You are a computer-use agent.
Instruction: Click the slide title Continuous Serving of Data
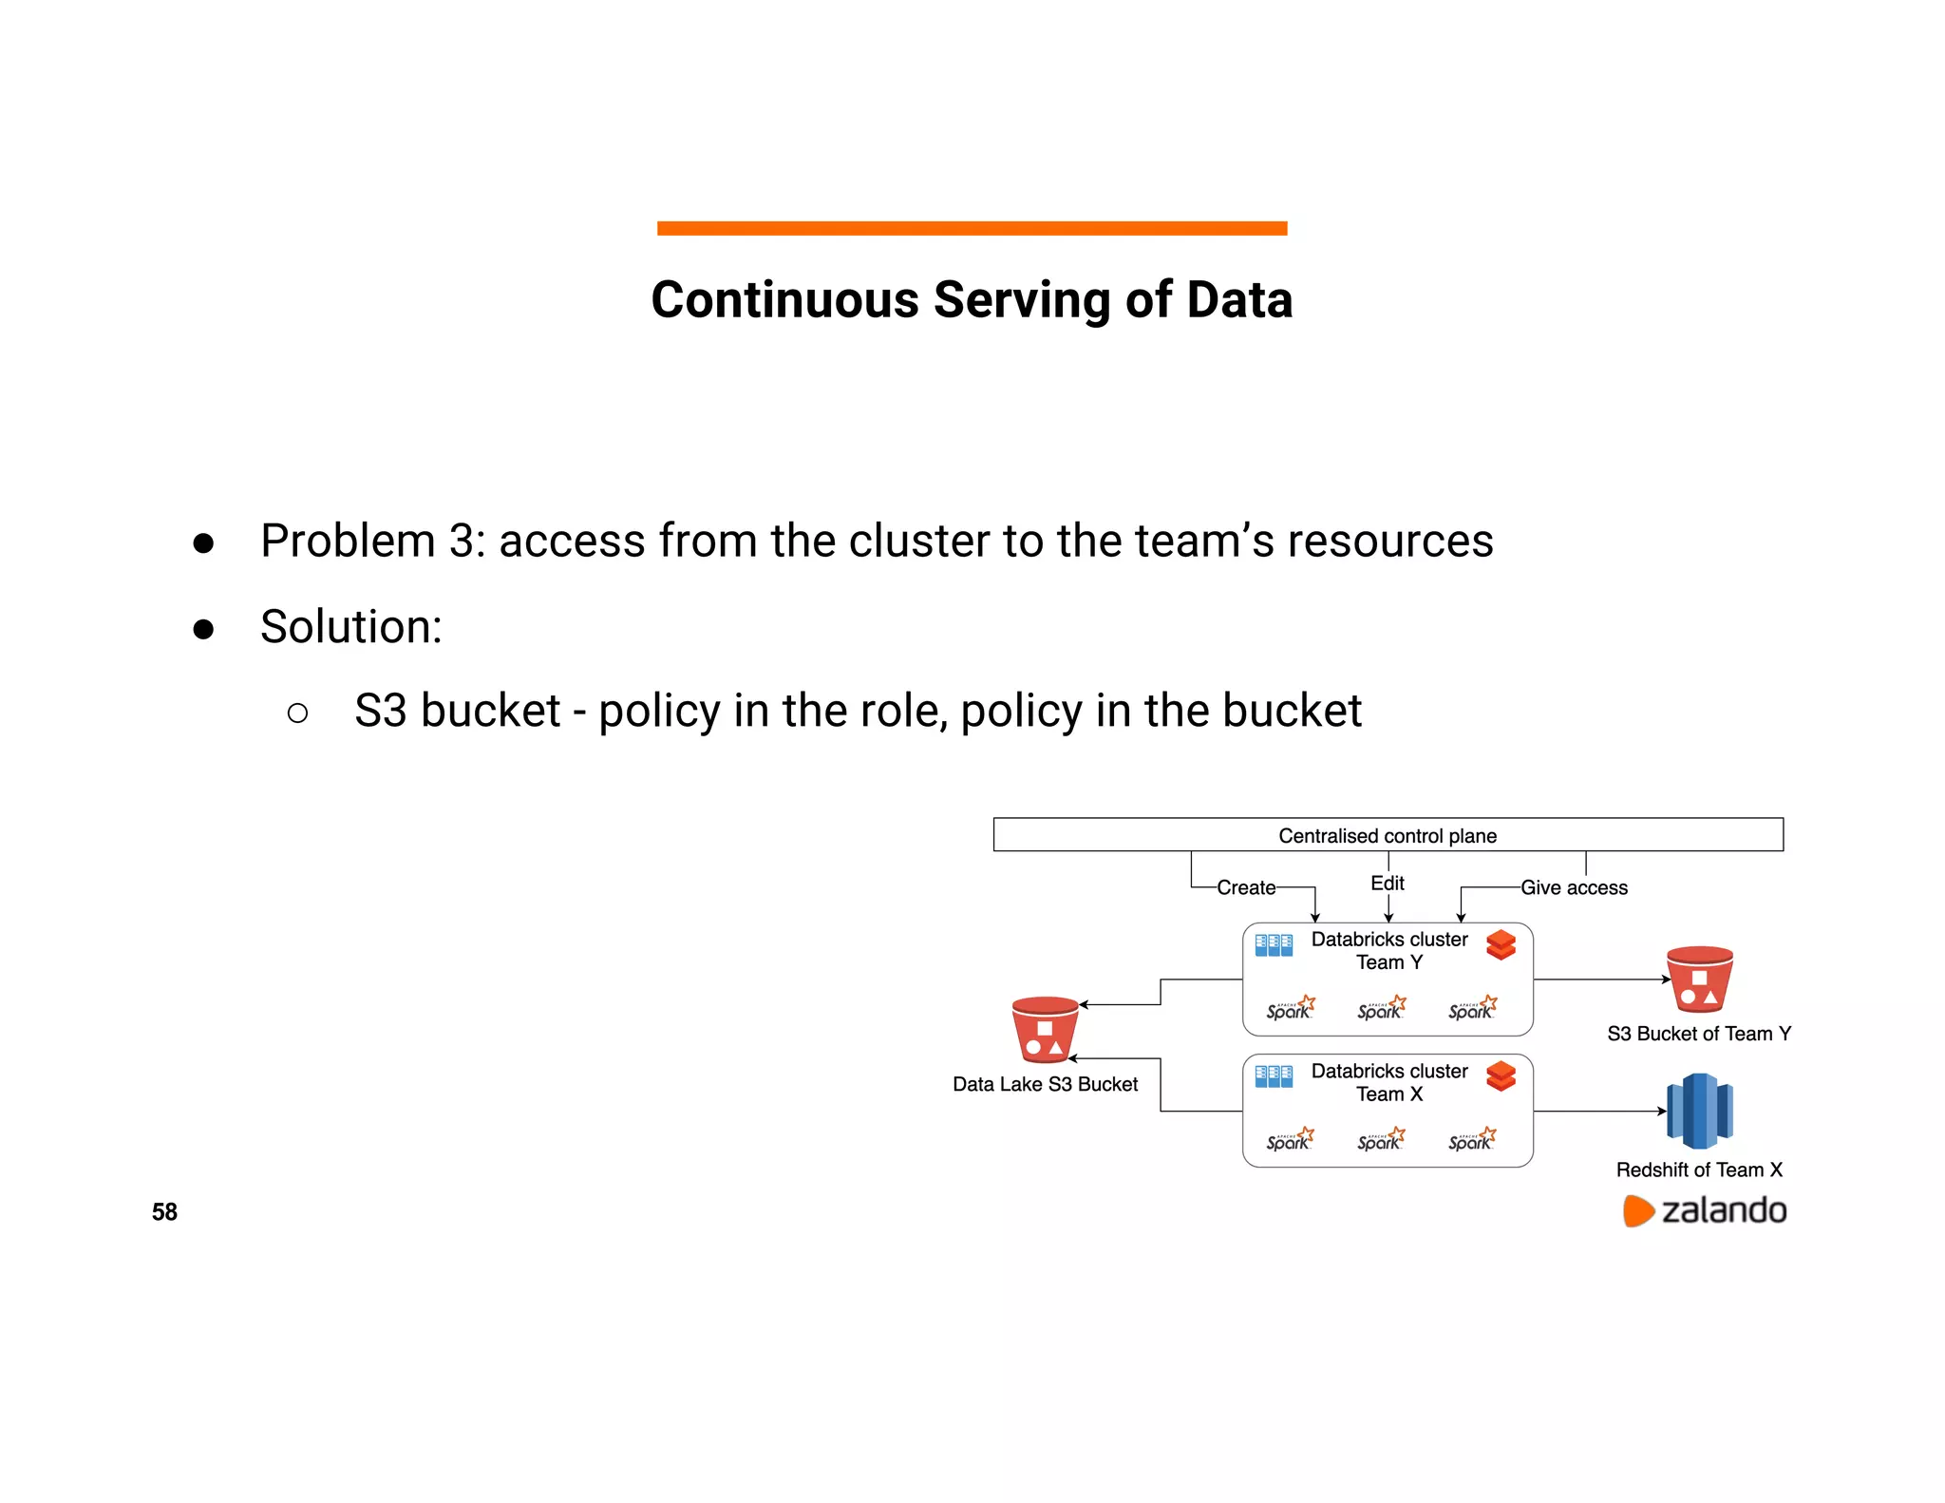(x=972, y=299)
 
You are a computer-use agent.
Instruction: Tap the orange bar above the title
(x=972, y=228)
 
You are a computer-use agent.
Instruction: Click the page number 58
(x=164, y=1211)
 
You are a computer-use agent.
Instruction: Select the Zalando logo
(x=1705, y=1210)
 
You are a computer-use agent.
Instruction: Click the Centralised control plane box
(x=1388, y=835)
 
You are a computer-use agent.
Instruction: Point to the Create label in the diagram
(x=1246, y=887)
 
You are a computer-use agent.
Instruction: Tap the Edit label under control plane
(x=1388, y=883)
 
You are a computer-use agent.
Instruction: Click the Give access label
(x=1574, y=887)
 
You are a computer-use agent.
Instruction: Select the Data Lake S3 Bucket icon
(x=1045, y=1029)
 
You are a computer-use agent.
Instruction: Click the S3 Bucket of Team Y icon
(x=1699, y=980)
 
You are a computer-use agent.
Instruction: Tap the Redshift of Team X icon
(x=1699, y=1111)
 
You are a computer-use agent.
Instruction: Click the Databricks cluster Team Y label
(x=1388, y=950)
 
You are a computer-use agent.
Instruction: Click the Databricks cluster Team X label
(x=1388, y=1082)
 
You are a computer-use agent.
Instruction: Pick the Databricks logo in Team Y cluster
(x=1501, y=945)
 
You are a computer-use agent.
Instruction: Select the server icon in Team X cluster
(x=1274, y=1076)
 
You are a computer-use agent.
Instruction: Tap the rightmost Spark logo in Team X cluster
(x=1472, y=1139)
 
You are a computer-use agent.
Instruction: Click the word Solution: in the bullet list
(x=351, y=627)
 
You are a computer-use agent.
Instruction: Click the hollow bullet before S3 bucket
(x=297, y=713)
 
